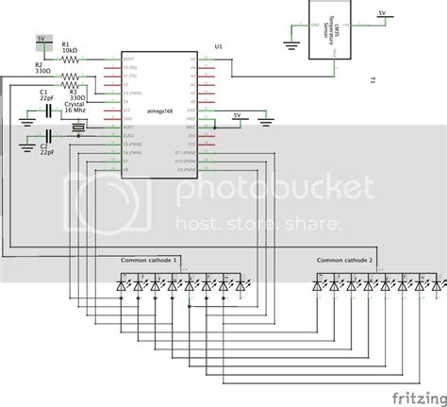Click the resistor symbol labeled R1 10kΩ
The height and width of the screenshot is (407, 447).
pyautogui.click(x=73, y=59)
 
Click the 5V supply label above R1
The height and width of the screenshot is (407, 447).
pyautogui.click(x=41, y=39)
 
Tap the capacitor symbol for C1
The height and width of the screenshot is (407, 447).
pyautogui.click(x=44, y=112)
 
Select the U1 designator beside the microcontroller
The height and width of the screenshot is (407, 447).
pyautogui.click(x=219, y=45)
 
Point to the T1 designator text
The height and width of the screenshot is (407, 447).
pyautogui.click(x=374, y=80)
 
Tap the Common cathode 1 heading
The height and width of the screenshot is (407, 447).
pyautogui.click(x=149, y=259)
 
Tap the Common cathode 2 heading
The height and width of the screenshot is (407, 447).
pyautogui.click(x=344, y=259)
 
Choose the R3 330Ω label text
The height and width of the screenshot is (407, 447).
pyautogui.click(x=77, y=95)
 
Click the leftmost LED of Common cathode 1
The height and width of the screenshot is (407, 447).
pyautogui.click(x=122, y=281)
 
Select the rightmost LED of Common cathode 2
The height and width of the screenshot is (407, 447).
pyautogui.click(x=437, y=281)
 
